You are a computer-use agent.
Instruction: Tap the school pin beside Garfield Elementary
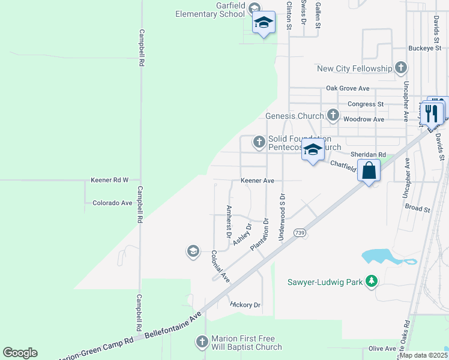point(264,23)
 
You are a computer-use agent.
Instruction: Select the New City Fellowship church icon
point(401,68)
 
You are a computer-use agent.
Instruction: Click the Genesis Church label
point(295,116)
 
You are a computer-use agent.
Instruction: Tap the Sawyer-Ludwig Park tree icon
point(372,281)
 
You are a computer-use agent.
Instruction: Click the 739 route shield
point(300,232)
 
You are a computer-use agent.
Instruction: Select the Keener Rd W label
point(110,180)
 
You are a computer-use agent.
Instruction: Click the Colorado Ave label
point(112,203)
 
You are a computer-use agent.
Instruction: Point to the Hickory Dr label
point(245,305)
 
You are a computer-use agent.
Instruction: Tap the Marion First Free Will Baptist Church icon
point(202,342)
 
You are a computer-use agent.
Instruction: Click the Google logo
point(20,353)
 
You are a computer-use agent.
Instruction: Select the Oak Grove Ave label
point(348,88)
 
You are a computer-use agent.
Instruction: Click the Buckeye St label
point(424,48)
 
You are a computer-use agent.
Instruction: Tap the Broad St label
point(418,209)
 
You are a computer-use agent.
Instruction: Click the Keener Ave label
point(257,181)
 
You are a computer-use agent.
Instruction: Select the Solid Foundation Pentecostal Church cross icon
point(259,142)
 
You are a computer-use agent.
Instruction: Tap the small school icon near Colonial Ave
point(193,251)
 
